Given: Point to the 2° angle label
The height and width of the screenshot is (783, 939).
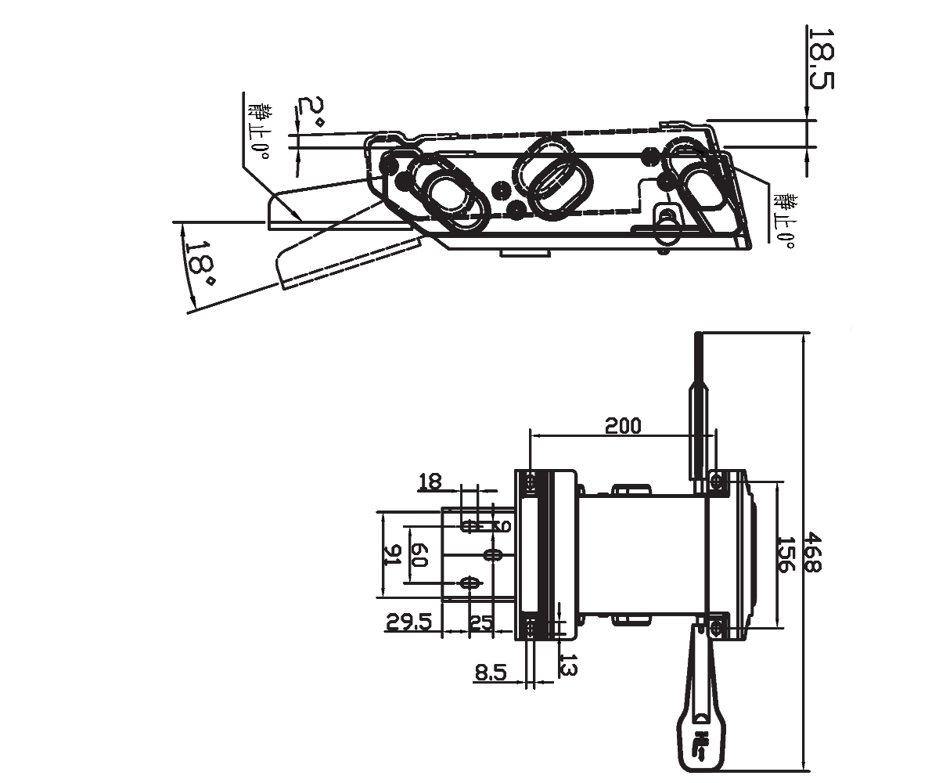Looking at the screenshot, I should (x=310, y=113).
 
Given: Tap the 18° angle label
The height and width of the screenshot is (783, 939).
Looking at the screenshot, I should (x=199, y=262).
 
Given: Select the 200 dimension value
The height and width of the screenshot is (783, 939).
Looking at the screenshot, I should (x=623, y=425).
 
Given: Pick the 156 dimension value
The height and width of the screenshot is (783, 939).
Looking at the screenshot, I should (x=786, y=554).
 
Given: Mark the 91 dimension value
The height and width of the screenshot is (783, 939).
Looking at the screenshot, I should (x=392, y=555).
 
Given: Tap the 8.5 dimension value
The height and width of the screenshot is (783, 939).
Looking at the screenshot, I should (x=491, y=672).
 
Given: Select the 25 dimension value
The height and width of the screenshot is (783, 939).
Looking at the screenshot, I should (x=480, y=622).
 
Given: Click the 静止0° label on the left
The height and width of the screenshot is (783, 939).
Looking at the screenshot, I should (x=258, y=131).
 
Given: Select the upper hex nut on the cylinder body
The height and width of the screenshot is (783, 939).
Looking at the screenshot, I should (x=630, y=491).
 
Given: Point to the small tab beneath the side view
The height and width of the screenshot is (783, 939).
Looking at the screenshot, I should (x=524, y=252).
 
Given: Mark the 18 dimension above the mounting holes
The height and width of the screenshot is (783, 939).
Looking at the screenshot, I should (x=430, y=481).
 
